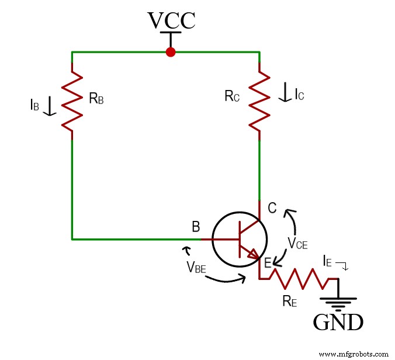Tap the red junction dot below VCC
click(x=171, y=52)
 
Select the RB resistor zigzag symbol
click(x=72, y=98)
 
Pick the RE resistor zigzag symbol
click(x=303, y=279)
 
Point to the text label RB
click(x=96, y=98)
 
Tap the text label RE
click(x=289, y=302)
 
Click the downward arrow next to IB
click(x=50, y=105)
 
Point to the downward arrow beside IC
click(x=285, y=93)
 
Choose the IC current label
click(x=299, y=94)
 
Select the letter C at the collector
click(x=272, y=207)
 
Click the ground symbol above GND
click(x=338, y=301)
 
